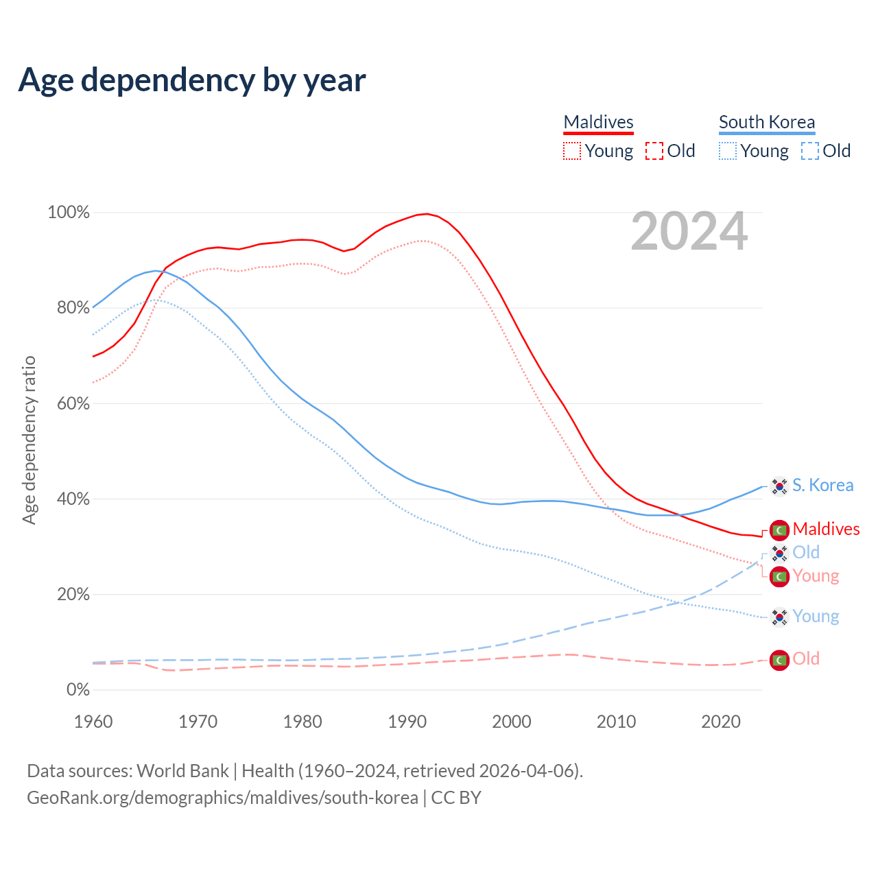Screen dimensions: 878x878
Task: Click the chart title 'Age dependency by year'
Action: point(192,80)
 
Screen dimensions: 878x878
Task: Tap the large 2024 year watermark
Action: point(689,232)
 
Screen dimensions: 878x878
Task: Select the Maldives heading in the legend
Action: point(598,122)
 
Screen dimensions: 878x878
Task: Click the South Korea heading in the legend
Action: point(766,122)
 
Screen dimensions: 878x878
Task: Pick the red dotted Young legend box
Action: point(571,151)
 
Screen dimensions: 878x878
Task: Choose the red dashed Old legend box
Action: point(654,151)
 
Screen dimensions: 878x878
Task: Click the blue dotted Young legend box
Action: point(728,151)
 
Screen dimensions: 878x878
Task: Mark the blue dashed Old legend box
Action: point(810,151)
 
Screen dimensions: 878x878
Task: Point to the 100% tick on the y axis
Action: point(69,213)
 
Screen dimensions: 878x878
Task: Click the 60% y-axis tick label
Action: point(73,403)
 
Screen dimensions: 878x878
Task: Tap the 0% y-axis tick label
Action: point(78,690)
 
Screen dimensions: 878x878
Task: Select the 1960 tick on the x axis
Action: point(93,722)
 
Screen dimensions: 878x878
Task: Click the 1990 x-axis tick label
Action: point(407,722)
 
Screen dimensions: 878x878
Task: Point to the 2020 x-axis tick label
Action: point(721,722)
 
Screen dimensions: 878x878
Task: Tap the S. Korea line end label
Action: point(822,486)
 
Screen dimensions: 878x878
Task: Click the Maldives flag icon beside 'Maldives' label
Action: point(779,530)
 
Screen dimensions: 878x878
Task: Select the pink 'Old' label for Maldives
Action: point(806,659)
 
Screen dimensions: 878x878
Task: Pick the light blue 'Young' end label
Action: point(816,617)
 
